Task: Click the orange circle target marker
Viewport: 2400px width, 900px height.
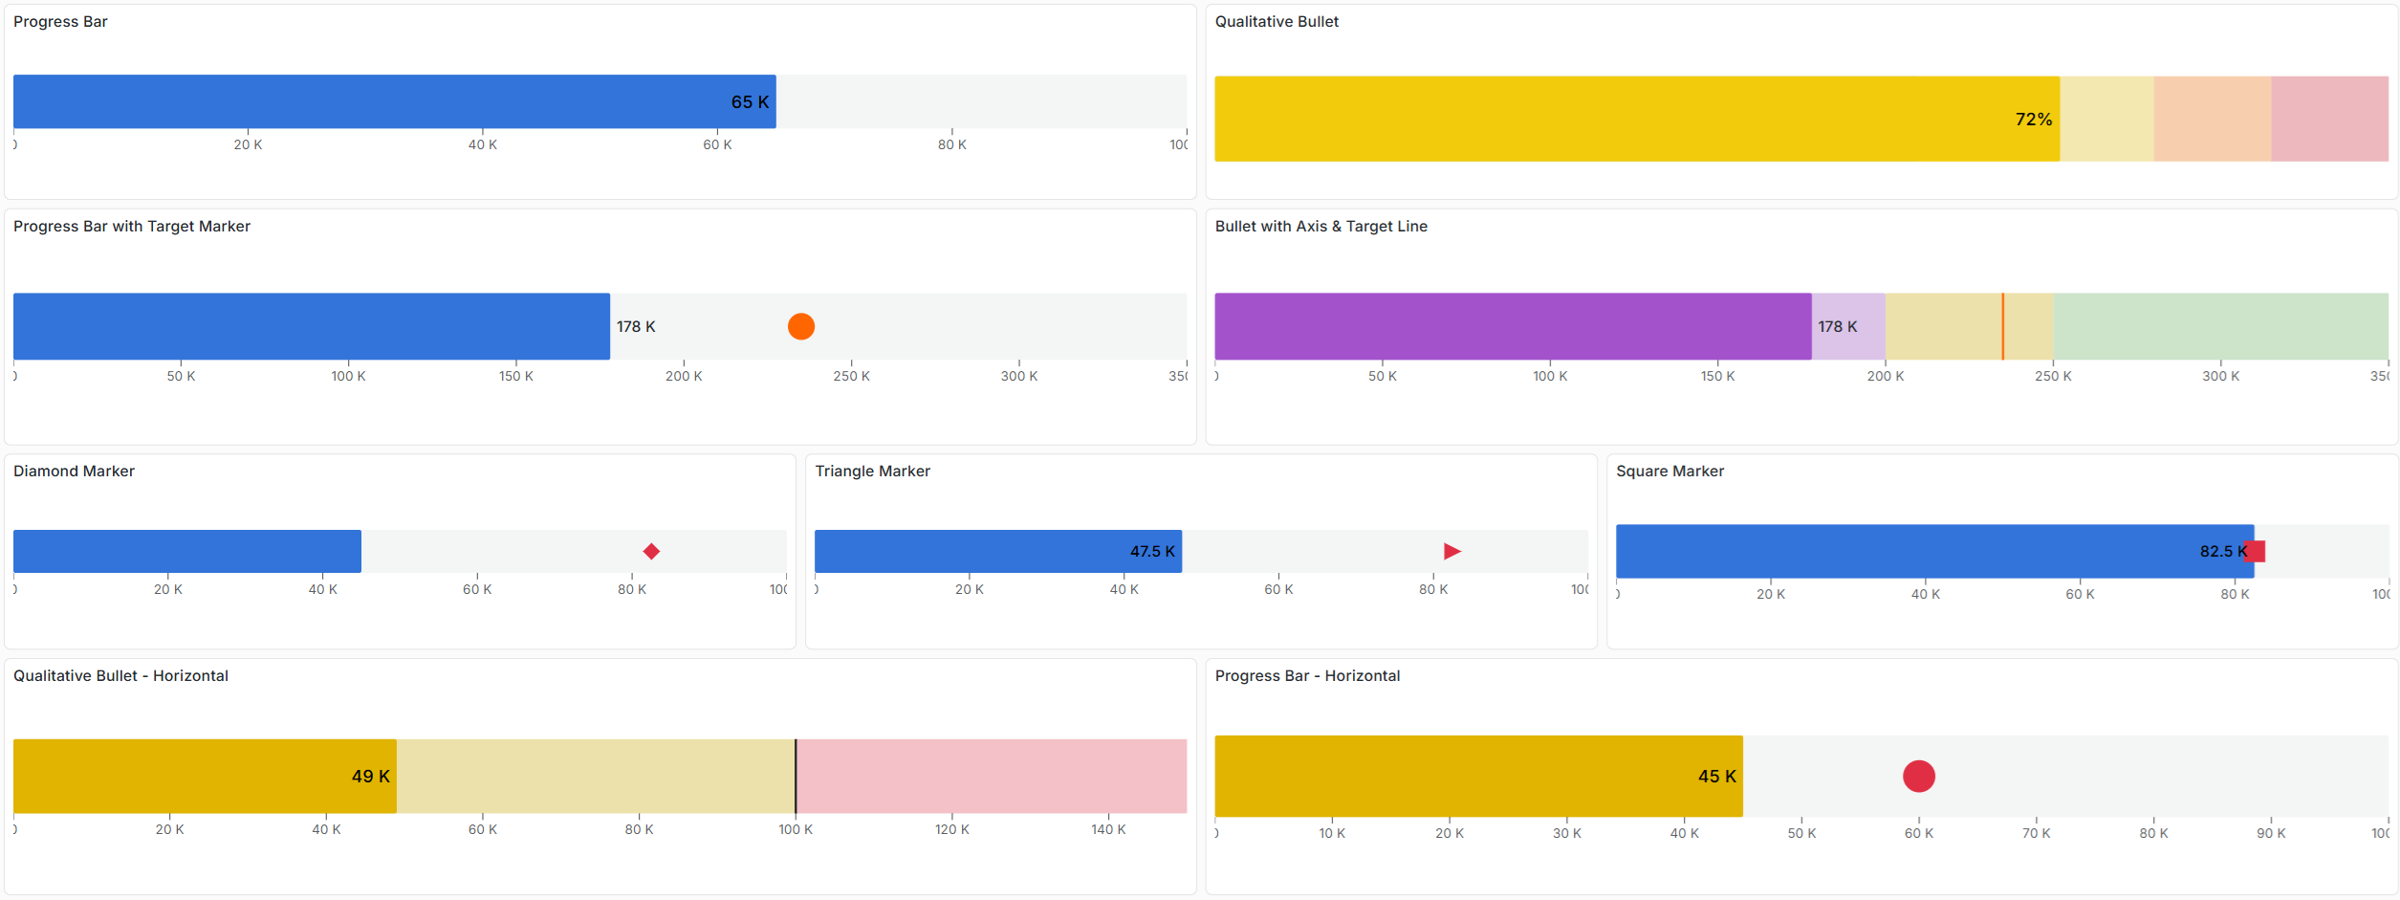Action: pyautogui.click(x=801, y=327)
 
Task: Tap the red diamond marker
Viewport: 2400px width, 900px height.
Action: pyautogui.click(x=651, y=552)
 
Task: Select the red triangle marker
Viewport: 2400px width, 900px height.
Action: pyautogui.click(x=1451, y=552)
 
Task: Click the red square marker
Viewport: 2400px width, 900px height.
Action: pyautogui.click(x=2257, y=552)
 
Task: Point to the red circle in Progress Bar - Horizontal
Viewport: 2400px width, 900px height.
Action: pyautogui.click(x=1918, y=777)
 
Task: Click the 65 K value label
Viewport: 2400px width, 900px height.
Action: pyautogui.click(x=750, y=102)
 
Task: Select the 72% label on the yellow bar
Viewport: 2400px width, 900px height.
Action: pyautogui.click(x=2033, y=120)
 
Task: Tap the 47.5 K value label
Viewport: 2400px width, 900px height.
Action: pyautogui.click(x=1152, y=552)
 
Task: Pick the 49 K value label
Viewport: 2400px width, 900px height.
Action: pyautogui.click(x=370, y=777)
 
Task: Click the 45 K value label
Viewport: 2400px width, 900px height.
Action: pyautogui.click(x=1716, y=777)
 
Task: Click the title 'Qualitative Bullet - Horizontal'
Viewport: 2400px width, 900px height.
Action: pyautogui.click(x=120, y=676)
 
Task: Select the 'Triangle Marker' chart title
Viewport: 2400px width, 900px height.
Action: pyautogui.click(x=872, y=472)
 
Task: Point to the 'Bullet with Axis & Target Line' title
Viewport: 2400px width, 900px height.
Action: pyautogui.click(x=1320, y=227)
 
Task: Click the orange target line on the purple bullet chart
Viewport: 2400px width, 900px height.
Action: pyautogui.click(x=2002, y=327)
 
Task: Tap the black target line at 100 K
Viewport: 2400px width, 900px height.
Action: pyautogui.click(x=796, y=777)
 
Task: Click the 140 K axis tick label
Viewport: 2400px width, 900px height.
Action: pyautogui.click(x=1108, y=830)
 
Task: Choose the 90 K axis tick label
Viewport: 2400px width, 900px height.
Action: pyautogui.click(x=2271, y=834)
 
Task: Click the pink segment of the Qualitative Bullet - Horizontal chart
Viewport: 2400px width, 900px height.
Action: pyautogui.click(x=991, y=777)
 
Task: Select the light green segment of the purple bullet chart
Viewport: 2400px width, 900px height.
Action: pyautogui.click(x=2219, y=327)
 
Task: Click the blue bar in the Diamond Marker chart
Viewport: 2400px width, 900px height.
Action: pyautogui.click(x=187, y=552)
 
